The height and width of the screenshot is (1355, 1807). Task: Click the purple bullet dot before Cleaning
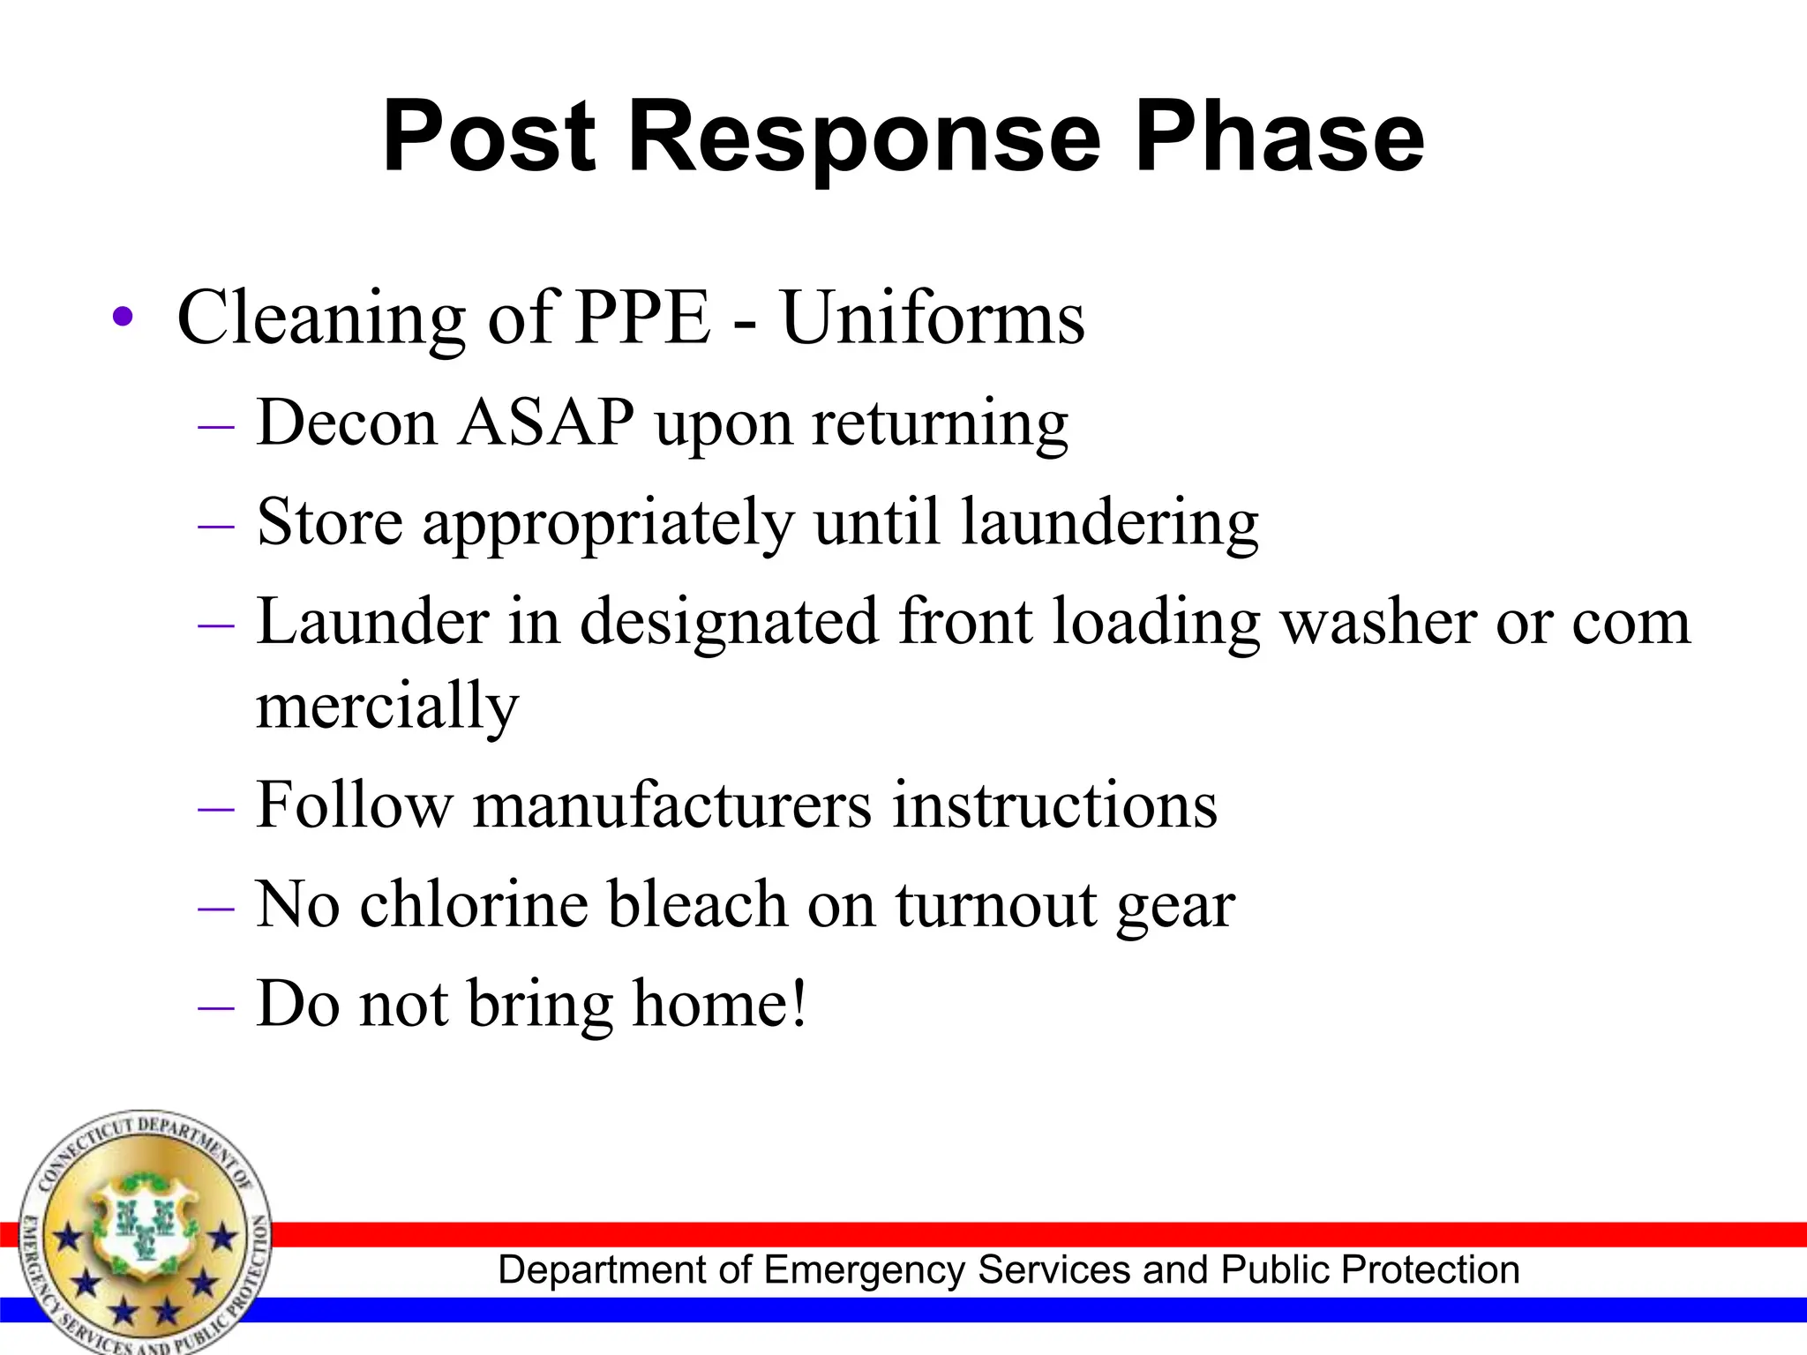pyautogui.click(x=123, y=318)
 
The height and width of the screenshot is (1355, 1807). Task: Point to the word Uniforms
pyautogui.click(x=933, y=317)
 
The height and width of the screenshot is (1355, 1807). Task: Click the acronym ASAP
pyautogui.click(x=546, y=423)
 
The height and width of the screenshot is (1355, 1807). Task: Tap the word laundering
pyautogui.click(x=1109, y=523)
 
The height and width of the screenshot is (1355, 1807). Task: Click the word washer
pyautogui.click(x=1378, y=622)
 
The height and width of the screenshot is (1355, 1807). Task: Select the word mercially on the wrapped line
pyautogui.click(x=387, y=707)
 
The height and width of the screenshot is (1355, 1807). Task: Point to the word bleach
pyautogui.click(x=697, y=905)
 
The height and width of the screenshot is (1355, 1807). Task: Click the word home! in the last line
pyautogui.click(x=720, y=1004)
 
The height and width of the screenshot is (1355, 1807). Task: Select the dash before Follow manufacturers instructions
pyautogui.click(x=216, y=809)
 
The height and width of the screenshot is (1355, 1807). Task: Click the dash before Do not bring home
pyautogui.click(x=216, y=1007)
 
